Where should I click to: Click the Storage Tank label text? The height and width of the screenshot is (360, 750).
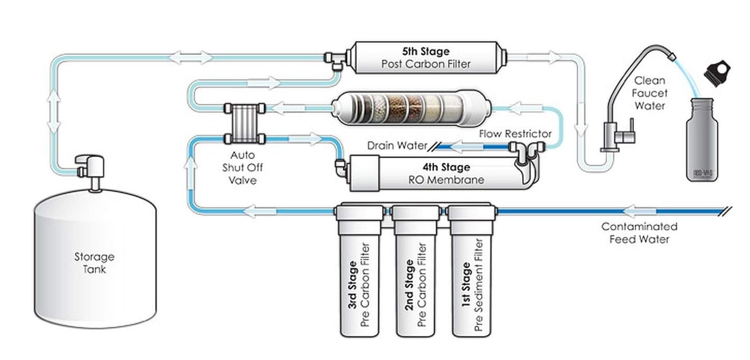pyautogui.click(x=94, y=263)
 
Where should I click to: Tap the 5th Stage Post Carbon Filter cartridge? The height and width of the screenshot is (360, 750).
pyautogui.click(x=426, y=58)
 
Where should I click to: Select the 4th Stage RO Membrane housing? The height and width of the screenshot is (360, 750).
pyautogui.click(x=438, y=173)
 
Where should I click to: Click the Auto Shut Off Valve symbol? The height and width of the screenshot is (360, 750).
pyautogui.click(x=245, y=123)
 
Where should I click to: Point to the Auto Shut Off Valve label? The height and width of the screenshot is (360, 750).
pyautogui.click(x=243, y=167)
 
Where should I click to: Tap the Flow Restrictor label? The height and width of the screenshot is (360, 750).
pyautogui.click(x=515, y=134)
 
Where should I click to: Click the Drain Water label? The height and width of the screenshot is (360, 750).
pyautogui.click(x=397, y=145)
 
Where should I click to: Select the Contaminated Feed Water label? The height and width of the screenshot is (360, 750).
pyautogui.click(x=639, y=233)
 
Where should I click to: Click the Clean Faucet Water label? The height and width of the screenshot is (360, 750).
pyautogui.click(x=649, y=93)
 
